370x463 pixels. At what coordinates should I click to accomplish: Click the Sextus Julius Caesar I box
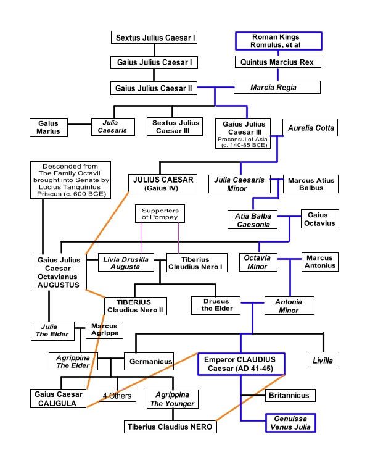pyautogui.click(x=154, y=38)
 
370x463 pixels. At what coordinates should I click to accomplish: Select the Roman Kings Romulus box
pyautogui.click(x=279, y=41)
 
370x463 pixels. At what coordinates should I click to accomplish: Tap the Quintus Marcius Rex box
pyautogui.click(x=278, y=62)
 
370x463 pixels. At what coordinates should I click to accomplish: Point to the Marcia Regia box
pyautogui.click(x=277, y=88)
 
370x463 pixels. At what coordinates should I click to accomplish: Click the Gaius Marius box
pyautogui.click(x=49, y=128)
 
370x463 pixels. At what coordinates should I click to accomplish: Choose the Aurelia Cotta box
pyautogui.click(x=310, y=128)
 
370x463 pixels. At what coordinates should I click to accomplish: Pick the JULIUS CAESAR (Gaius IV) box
pyautogui.click(x=163, y=184)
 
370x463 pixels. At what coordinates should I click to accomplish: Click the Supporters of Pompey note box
pyautogui.click(x=160, y=214)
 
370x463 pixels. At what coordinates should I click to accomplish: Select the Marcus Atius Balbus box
pyautogui.click(x=311, y=184)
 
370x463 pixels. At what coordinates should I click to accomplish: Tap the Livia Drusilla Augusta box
pyautogui.click(x=126, y=262)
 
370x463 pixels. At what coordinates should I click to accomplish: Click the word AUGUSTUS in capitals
pyautogui.click(x=59, y=285)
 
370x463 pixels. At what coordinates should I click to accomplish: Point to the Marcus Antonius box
pyautogui.click(x=320, y=262)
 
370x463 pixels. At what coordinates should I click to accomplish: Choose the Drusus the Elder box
pyautogui.click(x=216, y=306)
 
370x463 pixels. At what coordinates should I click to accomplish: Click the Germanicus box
pyautogui.click(x=149, y=361)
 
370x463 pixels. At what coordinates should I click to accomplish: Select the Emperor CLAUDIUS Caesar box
pyautogui.click(x=241, y=364)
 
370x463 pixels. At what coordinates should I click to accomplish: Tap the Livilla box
pyautogui.click(x=323, y=360)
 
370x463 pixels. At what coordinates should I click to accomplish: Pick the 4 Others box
pyautogui.click(x=117, y=396)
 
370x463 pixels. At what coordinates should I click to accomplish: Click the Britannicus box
pyautogui.click(x=290, y=395)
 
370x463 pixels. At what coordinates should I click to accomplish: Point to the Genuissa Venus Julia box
pyautogui.click(x=290, y=423)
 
